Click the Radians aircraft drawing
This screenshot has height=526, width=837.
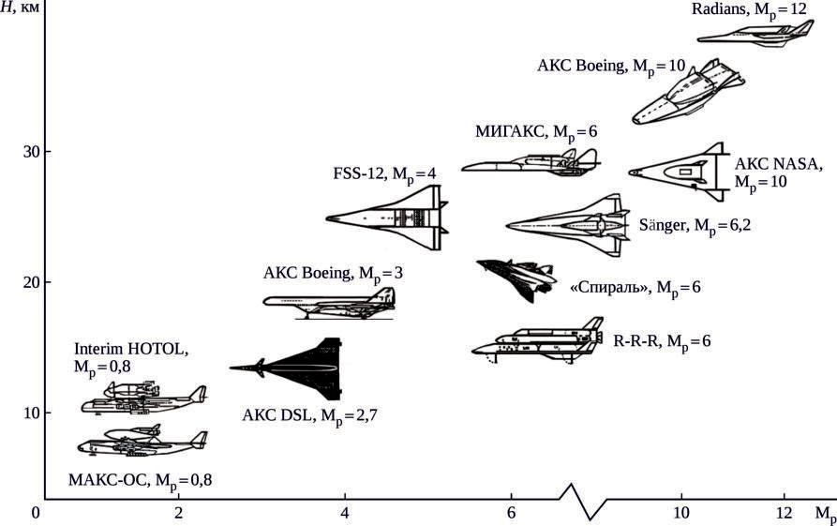point(755,35)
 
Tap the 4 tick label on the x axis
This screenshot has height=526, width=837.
point(345,513)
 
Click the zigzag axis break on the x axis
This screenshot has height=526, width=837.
point(581,501)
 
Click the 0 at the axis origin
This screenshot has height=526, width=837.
point(36,513)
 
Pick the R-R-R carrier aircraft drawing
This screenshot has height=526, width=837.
point(538,342)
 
